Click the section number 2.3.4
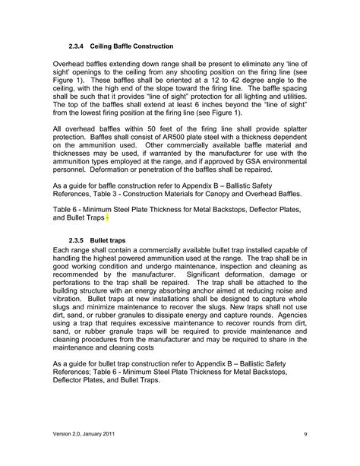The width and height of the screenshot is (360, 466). pyautogui.click(x=79, y=46)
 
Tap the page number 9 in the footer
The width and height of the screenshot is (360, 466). pyautogui.click(x=304, y=433)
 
